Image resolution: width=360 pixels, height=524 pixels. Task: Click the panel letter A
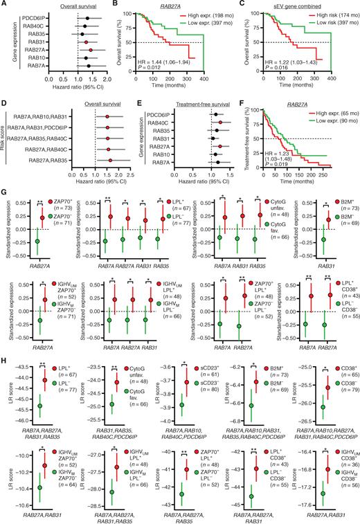tap(3, 4)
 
